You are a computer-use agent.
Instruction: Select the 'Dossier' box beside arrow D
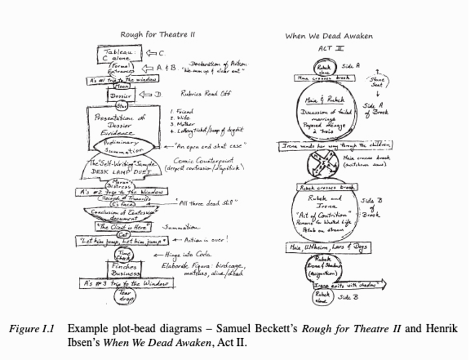tap(121, 96)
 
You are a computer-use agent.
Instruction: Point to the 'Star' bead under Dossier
tap(121, 106)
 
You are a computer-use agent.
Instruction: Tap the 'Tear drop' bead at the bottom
tap(124, 296)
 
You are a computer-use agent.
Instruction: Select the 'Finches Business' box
tap(125, 270)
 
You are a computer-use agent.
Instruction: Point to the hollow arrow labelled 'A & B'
tap(148, 68)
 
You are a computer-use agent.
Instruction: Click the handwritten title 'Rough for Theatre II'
tap(157, 35)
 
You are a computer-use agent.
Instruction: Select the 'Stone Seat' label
tap(377, 82)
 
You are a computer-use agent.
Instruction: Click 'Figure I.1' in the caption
tap(29, 329)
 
